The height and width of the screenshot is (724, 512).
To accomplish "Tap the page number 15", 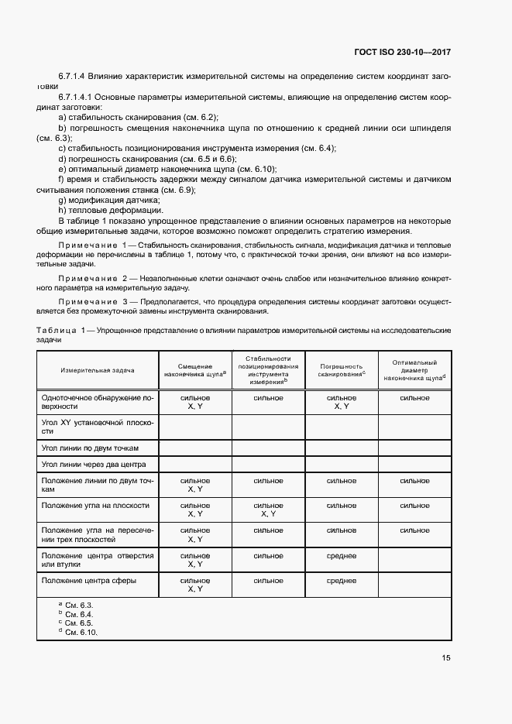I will click(x=446, y=659).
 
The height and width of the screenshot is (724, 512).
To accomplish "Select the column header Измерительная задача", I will click(x=98, y=370).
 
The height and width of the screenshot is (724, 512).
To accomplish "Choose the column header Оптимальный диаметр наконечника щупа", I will click(x=414, y=370).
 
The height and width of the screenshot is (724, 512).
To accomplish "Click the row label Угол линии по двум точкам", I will click(x=89, y=447).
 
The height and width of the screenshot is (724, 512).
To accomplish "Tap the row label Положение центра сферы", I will click(x=89, y=580).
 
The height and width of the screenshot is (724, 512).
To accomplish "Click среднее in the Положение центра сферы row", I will click(x=341, y=580).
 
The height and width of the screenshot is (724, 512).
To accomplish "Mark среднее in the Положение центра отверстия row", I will click(x=341, y=556).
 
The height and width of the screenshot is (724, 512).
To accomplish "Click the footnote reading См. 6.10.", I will click(x=81, y=633).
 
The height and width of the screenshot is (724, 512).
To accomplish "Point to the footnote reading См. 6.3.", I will click(x=78, y=604).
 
